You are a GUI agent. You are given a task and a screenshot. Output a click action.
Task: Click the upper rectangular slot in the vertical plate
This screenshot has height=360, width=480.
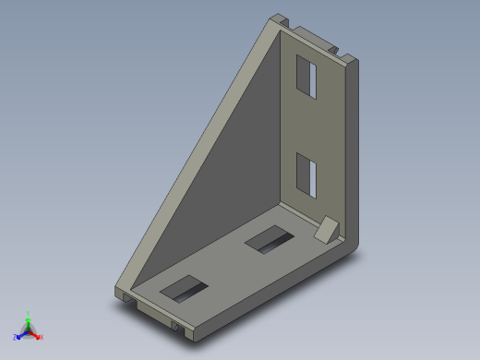point(306,76)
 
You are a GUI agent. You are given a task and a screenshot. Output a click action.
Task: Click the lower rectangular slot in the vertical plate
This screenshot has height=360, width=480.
point(306,174)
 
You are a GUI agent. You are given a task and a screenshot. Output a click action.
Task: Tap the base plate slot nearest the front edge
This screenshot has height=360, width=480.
point(186,288)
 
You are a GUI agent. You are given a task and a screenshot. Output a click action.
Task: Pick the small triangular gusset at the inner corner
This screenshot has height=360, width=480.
point(328,229)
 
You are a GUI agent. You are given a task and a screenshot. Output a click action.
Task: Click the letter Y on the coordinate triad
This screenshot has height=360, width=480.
point(29,313)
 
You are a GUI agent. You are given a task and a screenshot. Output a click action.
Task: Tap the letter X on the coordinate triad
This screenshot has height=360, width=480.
point(42,337)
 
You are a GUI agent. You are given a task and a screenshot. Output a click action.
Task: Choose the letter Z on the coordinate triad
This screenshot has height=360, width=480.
point(15,337)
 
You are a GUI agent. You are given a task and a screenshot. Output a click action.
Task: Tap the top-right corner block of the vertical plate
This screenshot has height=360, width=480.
point(351,59)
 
